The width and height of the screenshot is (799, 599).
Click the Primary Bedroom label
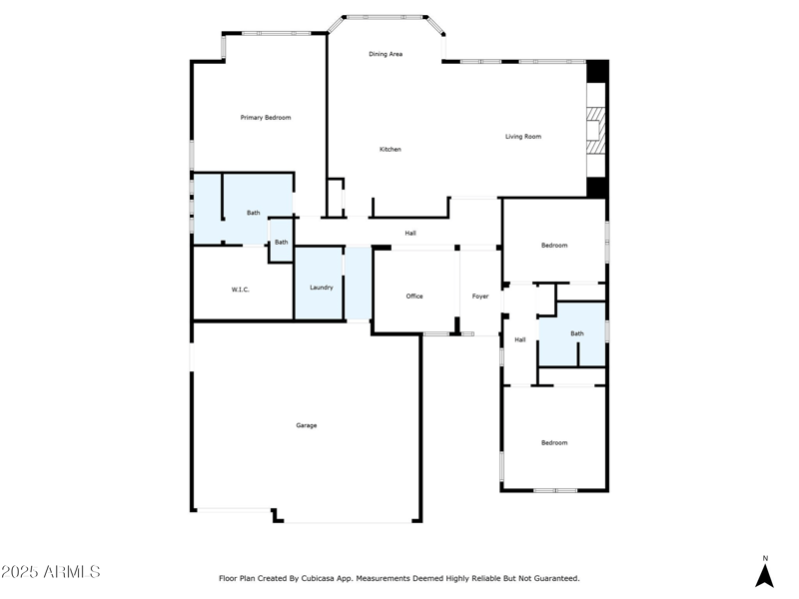pyautogui.click(x=266, y=118)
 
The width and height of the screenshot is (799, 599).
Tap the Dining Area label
pyautogui.click(x=386, y=54)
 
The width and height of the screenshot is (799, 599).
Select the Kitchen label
pyautogui.click(x=390, y=150)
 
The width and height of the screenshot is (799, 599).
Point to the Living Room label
pyautogui.click(x=522, y=137)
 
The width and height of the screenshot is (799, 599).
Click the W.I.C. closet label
pyautogui.click(x=241, y=290)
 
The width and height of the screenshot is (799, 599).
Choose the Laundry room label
pyautogui.click(x=321, y=288)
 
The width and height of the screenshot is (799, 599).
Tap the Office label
pyautogui.click(x=414, y=297)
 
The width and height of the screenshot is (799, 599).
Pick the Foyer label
pyautogui.click(x=480, y=297)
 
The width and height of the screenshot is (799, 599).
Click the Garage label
pyautogui.click(x=306, y=425)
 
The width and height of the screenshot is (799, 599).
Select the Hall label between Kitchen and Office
pyautogui.click(x=410, y=234)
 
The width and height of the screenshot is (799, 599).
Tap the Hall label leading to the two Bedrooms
pyautogui.click(x=520, y=340)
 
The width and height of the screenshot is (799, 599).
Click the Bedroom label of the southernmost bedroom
pyautogui.click(x=554, y=443)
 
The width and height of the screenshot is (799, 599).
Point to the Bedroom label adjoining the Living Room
pyautogui.click(x=554, y=246)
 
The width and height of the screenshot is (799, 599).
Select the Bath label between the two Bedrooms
pyautogui.click(x=577, y=333)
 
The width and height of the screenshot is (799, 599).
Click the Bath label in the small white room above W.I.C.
pyautogui.click(x=282, y=243)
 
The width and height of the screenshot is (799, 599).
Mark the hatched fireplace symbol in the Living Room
pyautogui.click(x=595, y=130)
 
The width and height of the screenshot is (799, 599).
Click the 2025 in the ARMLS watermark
pyautogui.click(x=20, y=572)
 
